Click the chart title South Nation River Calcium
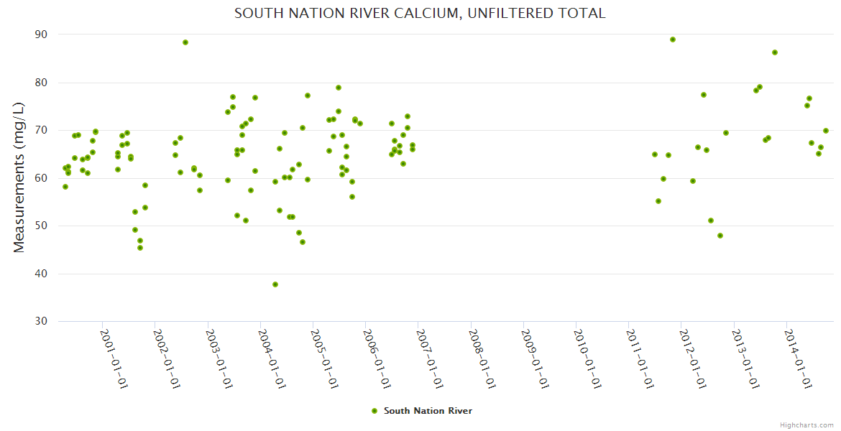point(420,14)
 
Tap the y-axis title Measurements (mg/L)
point(19,177)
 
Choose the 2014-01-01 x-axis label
point(799,359)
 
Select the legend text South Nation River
point(428,411)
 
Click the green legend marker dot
point(374,411)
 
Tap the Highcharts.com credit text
point(806,425)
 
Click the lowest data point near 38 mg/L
point(275,284)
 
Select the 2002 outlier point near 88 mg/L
point(185,42)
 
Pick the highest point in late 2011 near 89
point(673,40)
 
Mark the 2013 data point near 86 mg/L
point(775,52)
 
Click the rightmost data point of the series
point(826,131)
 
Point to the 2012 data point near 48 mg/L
point(720,236)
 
